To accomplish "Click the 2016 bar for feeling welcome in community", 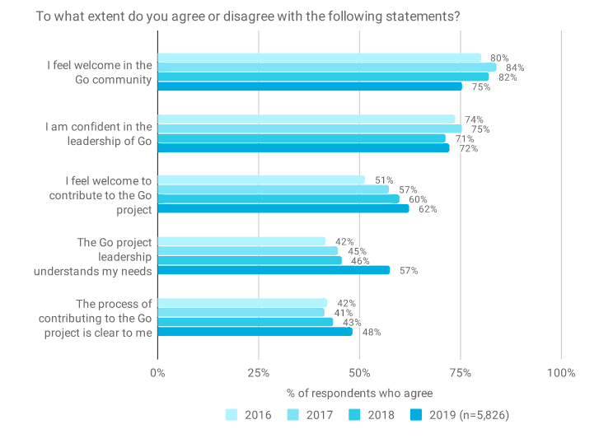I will [319, 58].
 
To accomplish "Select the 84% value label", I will [515, 68].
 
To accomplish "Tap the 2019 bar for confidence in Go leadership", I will [303, 148].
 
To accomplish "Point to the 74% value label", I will [474, 119].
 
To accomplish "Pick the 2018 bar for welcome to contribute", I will [278, 198].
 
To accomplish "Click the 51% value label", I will [384, 180].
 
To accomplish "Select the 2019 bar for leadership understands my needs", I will [274, 270].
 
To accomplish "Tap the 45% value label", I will [357, 251].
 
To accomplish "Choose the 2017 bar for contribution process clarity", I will [241, 312].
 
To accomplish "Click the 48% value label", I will [372, 332].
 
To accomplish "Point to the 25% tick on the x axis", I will [259, 373].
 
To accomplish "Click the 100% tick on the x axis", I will [561, 373].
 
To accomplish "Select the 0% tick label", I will [157, 373].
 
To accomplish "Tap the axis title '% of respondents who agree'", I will [359, 393].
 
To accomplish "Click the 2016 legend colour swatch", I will [232, 414].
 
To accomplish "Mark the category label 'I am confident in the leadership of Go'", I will [99, 133].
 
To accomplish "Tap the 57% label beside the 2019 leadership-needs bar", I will [409, 271].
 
